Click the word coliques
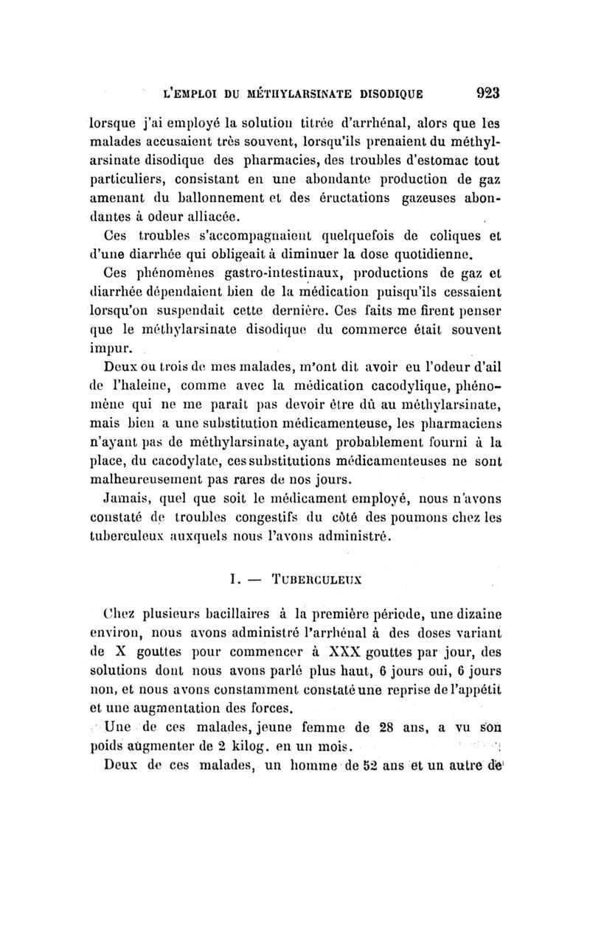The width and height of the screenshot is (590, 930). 427,237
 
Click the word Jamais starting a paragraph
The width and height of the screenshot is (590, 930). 124,500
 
